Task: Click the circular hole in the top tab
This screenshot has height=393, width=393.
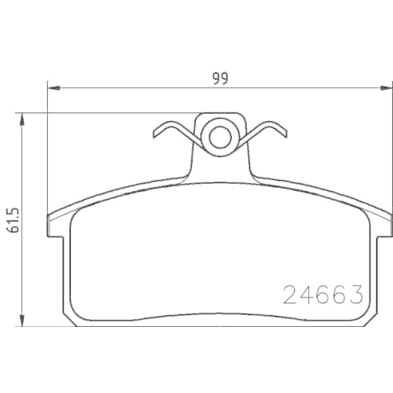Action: tap(219, 138)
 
